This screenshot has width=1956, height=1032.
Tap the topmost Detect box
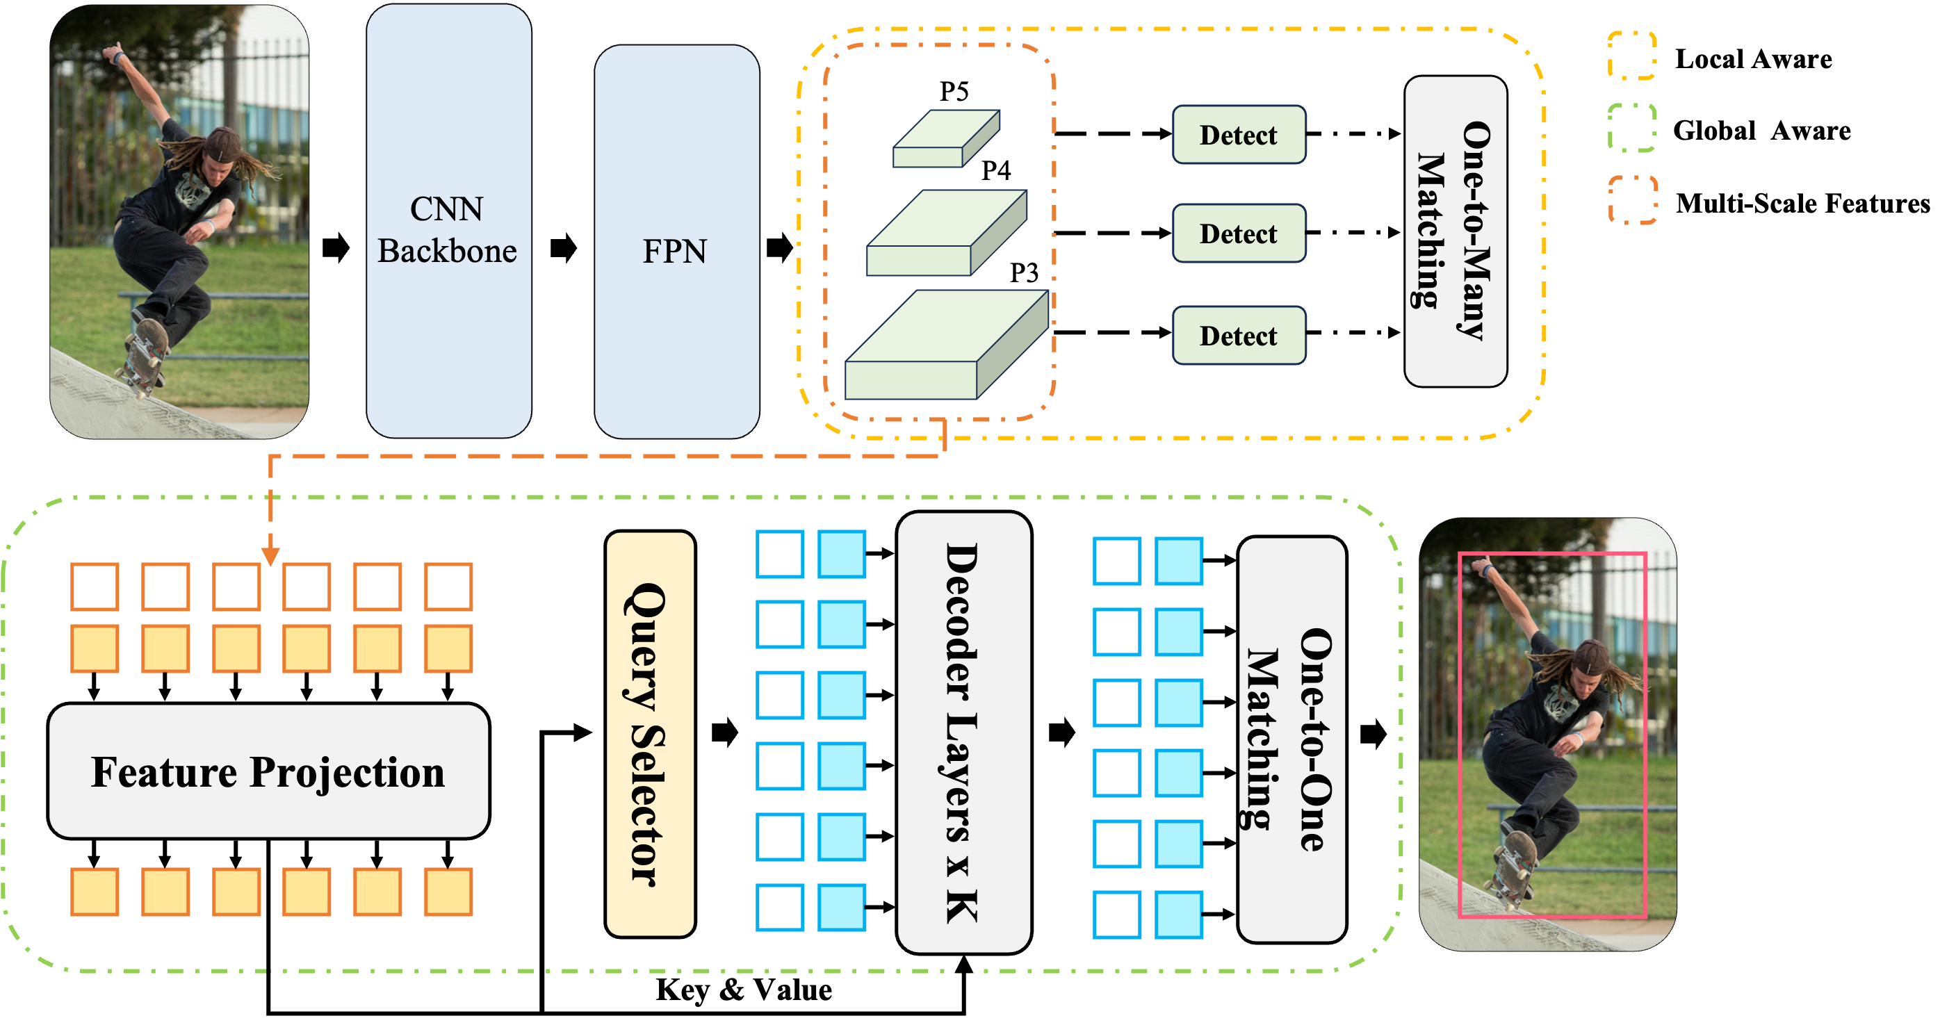click(x=1239, y=134)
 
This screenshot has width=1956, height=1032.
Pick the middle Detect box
click(x=1239, y=233)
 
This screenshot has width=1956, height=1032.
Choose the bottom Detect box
click(x=1239, y=335)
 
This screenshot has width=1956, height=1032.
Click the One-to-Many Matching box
click(x=1455, y=231)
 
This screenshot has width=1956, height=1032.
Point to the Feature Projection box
click(x=268, y=771)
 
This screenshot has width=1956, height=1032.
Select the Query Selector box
click(x=650, y=734)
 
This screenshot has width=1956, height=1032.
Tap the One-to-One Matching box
click(x=1291, y=739)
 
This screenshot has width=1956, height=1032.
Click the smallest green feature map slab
click(x=945, y=140)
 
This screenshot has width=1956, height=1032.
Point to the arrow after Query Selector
click(x=724, y=732)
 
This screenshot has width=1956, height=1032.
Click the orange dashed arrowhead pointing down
click(x=270, y=557)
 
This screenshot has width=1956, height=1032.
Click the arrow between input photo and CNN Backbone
click(x=336, y=247)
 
